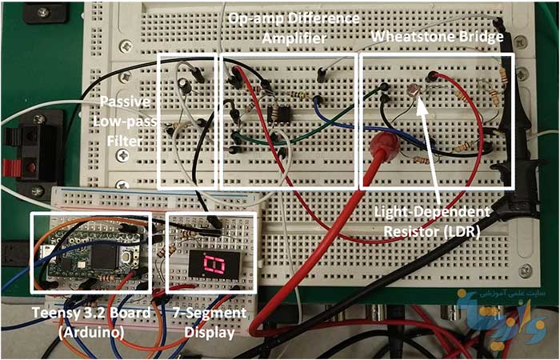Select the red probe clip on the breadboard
[x=383, y=146]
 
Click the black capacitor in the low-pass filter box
[x=185, y=83]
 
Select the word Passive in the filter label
[x=127, y=103]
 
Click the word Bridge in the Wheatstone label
[x=476, y=37]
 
